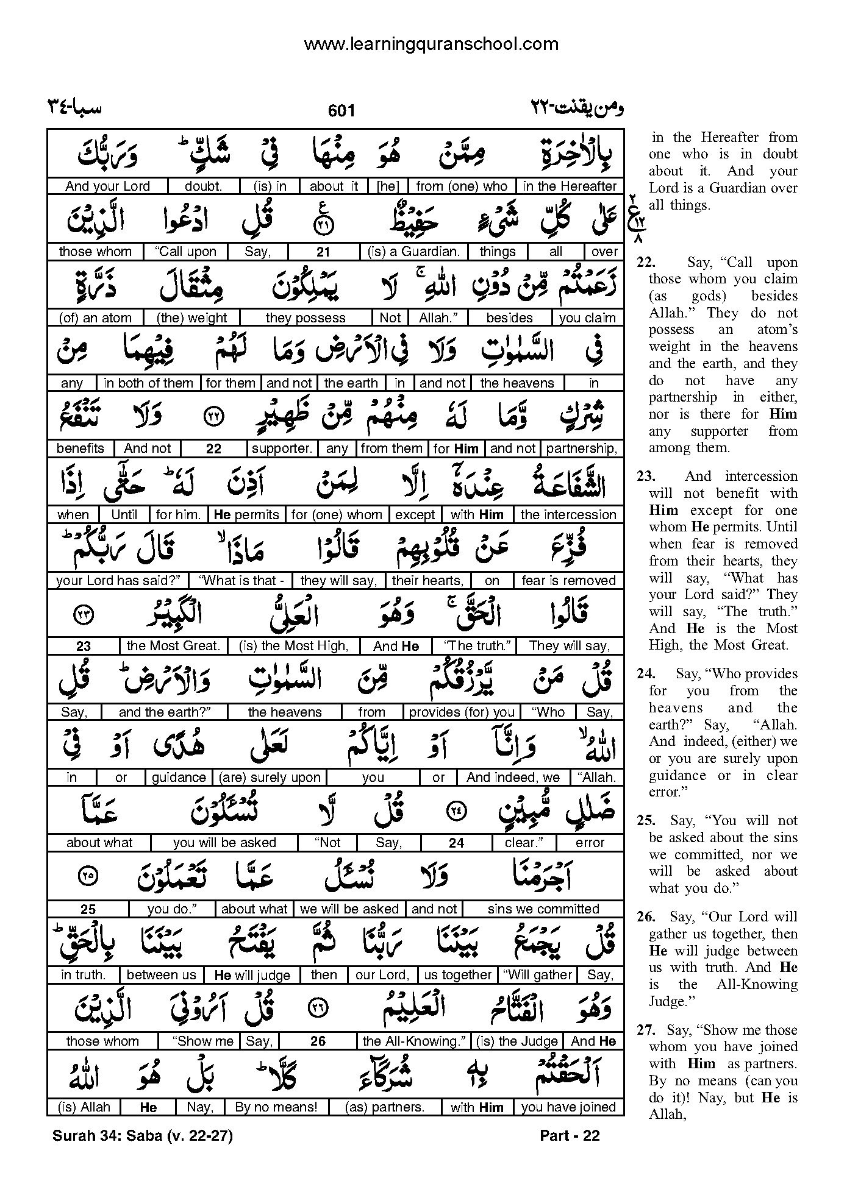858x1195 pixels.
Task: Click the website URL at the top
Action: [431, 44]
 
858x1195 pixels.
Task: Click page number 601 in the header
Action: [341, 110]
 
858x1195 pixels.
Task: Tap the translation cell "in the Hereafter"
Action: [570, 186]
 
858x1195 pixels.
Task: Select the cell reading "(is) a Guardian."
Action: [413, 252]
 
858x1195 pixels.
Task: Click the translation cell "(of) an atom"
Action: [95, 317]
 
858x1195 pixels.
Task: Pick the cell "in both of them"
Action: [148, 383]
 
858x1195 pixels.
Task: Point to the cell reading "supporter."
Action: [282, 449]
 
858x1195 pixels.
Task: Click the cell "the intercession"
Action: [568, 514]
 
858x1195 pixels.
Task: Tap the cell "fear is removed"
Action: [568, 581]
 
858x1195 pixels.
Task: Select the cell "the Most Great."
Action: [173, 646]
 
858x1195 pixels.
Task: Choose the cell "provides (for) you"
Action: [462, 712]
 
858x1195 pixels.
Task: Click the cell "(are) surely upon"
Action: [270, 778]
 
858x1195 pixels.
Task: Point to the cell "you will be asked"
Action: [224, 843]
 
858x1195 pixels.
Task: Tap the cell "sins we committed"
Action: [543, 909]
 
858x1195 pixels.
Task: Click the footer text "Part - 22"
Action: [570, 1135]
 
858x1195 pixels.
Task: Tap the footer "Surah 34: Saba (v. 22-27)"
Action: [143, 1135]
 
